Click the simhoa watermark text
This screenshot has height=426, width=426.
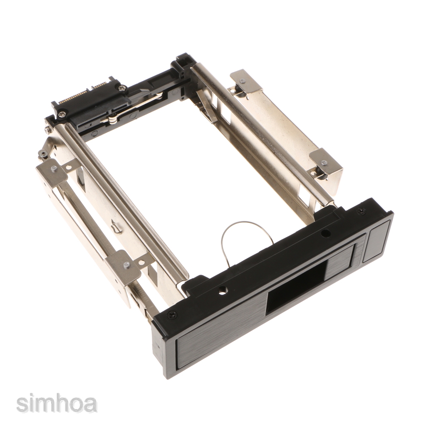pyautogui.click(x=57, y=404)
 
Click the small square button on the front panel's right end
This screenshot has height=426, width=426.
pyautogui.click(x=376, y=241)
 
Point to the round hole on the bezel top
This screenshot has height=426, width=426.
pyautogui.click(x=325, y=233)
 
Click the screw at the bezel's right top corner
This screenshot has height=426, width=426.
pyautogui.click(x=362, y=212)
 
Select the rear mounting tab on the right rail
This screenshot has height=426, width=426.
pyautogui.click(x=246, y=82)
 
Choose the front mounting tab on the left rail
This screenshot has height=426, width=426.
pyautogui.click(x=123, y=266)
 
